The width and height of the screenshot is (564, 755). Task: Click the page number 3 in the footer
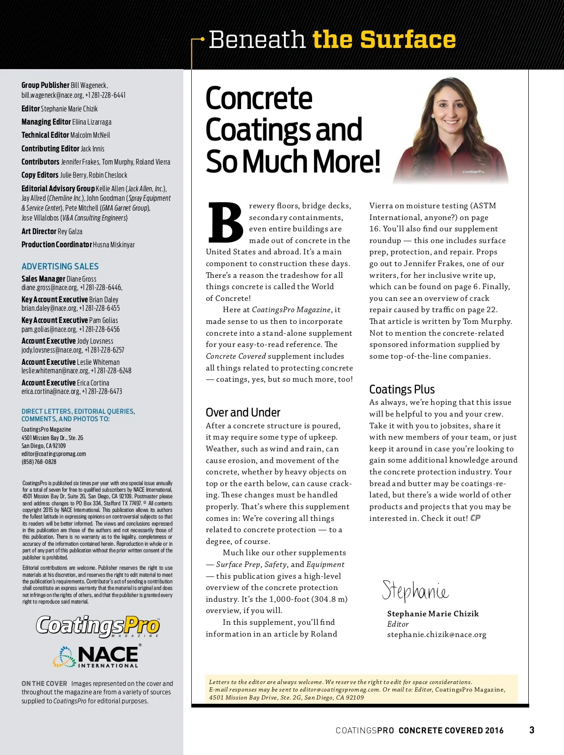(x=532, y=730)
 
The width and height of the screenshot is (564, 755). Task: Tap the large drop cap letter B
(x=225, y=222)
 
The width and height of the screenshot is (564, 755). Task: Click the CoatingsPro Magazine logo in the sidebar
(x=98, y=626)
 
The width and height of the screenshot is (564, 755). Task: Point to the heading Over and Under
(x=243, y=412)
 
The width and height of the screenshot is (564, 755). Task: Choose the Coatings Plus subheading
(x=402, y=389)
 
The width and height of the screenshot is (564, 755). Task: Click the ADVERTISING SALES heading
(x=60, y=266)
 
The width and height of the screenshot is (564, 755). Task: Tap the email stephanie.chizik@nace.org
(x=437, y=635)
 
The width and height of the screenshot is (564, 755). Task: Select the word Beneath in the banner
(x=257, y=39)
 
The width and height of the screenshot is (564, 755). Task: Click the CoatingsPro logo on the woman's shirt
(x=473, y=172)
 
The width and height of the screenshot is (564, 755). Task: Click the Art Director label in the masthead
(x=39, y=231)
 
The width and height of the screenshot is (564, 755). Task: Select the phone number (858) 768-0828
(x=39, y=462)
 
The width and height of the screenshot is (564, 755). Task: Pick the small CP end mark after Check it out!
(x=475, y=518)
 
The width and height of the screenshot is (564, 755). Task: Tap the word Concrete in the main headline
(x=259, y=98)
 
